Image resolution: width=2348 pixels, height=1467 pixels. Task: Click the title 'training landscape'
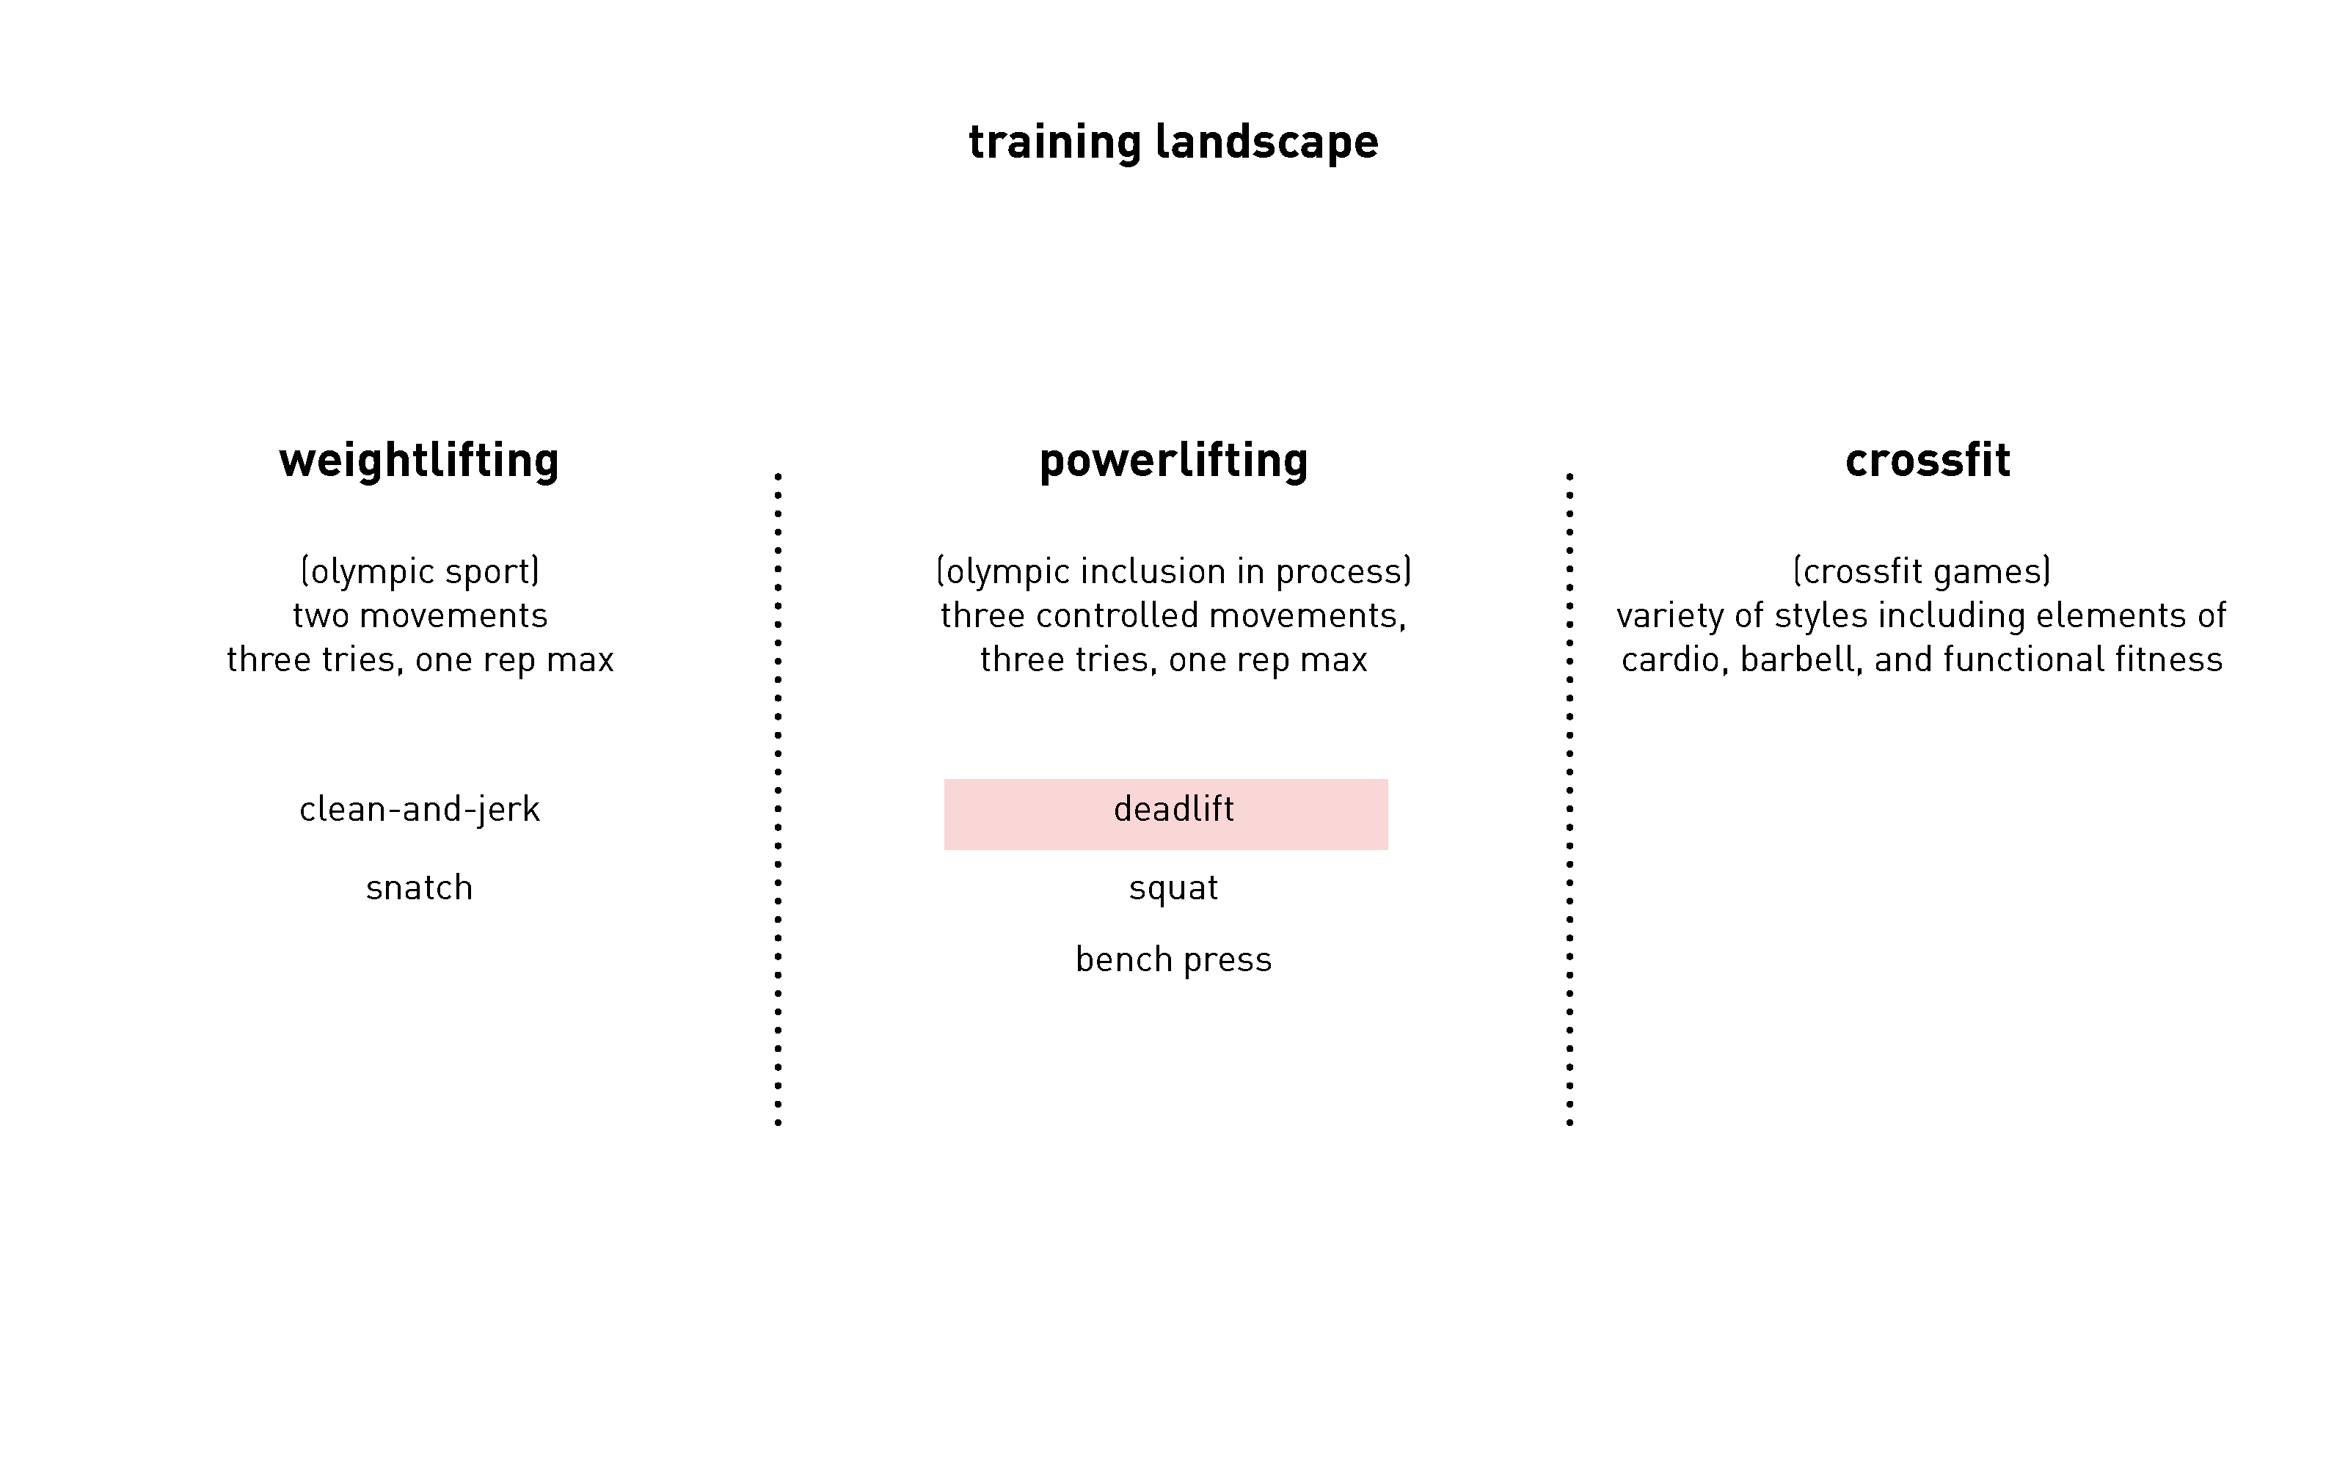click(x=1173, y=142)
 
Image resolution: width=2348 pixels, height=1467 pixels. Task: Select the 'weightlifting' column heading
click(x=419, y=461)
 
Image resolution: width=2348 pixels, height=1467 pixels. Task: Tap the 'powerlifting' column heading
click(x=1173, y=461)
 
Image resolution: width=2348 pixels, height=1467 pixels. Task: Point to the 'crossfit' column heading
click(x=1927, y=460)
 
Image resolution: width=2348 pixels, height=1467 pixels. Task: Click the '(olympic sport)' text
click(x=419, y=571)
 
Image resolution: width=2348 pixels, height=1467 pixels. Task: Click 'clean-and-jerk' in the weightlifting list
click(x=419, y=809)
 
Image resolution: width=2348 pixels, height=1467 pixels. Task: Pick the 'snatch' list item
click(x=419, y=888)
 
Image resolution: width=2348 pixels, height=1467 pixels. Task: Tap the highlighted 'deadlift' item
click(x=1173, y=809)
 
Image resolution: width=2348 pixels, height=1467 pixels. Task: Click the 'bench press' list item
click(x=1173, y=959)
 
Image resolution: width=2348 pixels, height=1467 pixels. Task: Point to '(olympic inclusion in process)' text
click(x=1173, y=571)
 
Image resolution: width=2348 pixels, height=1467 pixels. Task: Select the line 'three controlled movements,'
click(x=1173, y=616)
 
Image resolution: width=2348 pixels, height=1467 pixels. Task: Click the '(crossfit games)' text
click(x=1921, y=571)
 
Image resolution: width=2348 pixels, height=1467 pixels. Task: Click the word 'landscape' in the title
click(x=1266, y=142)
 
